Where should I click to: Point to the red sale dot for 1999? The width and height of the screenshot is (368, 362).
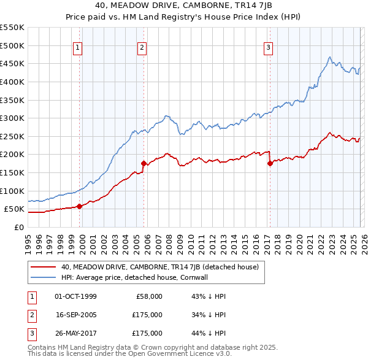pyautogui.click(x=80, y=206)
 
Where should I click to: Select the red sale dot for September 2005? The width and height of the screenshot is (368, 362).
pyautogui.click(x=144, y=164)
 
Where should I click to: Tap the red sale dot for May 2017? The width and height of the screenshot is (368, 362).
pyautogui.click(x=270, y=163)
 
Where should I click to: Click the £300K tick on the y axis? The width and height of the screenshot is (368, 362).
pyautogui.click(x=12, y=118)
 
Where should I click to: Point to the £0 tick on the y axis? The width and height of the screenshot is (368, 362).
pyautogui.click(x=19, y=227)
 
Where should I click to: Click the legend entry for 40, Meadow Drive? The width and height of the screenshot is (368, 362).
pyautogui.click(x=159, y=267)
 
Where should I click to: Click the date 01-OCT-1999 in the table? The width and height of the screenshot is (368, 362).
pyautogui.click(x=75, y=296)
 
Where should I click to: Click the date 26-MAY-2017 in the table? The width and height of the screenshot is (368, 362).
pyautogui.click(x=76, y=333)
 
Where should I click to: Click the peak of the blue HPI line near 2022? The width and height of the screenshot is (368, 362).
pyautogui.click(x=330, y=57)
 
